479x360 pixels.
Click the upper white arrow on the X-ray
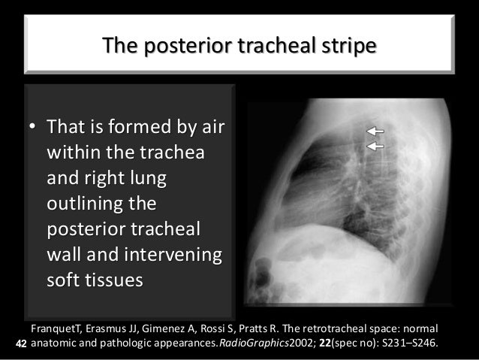(x=375, y=131)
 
